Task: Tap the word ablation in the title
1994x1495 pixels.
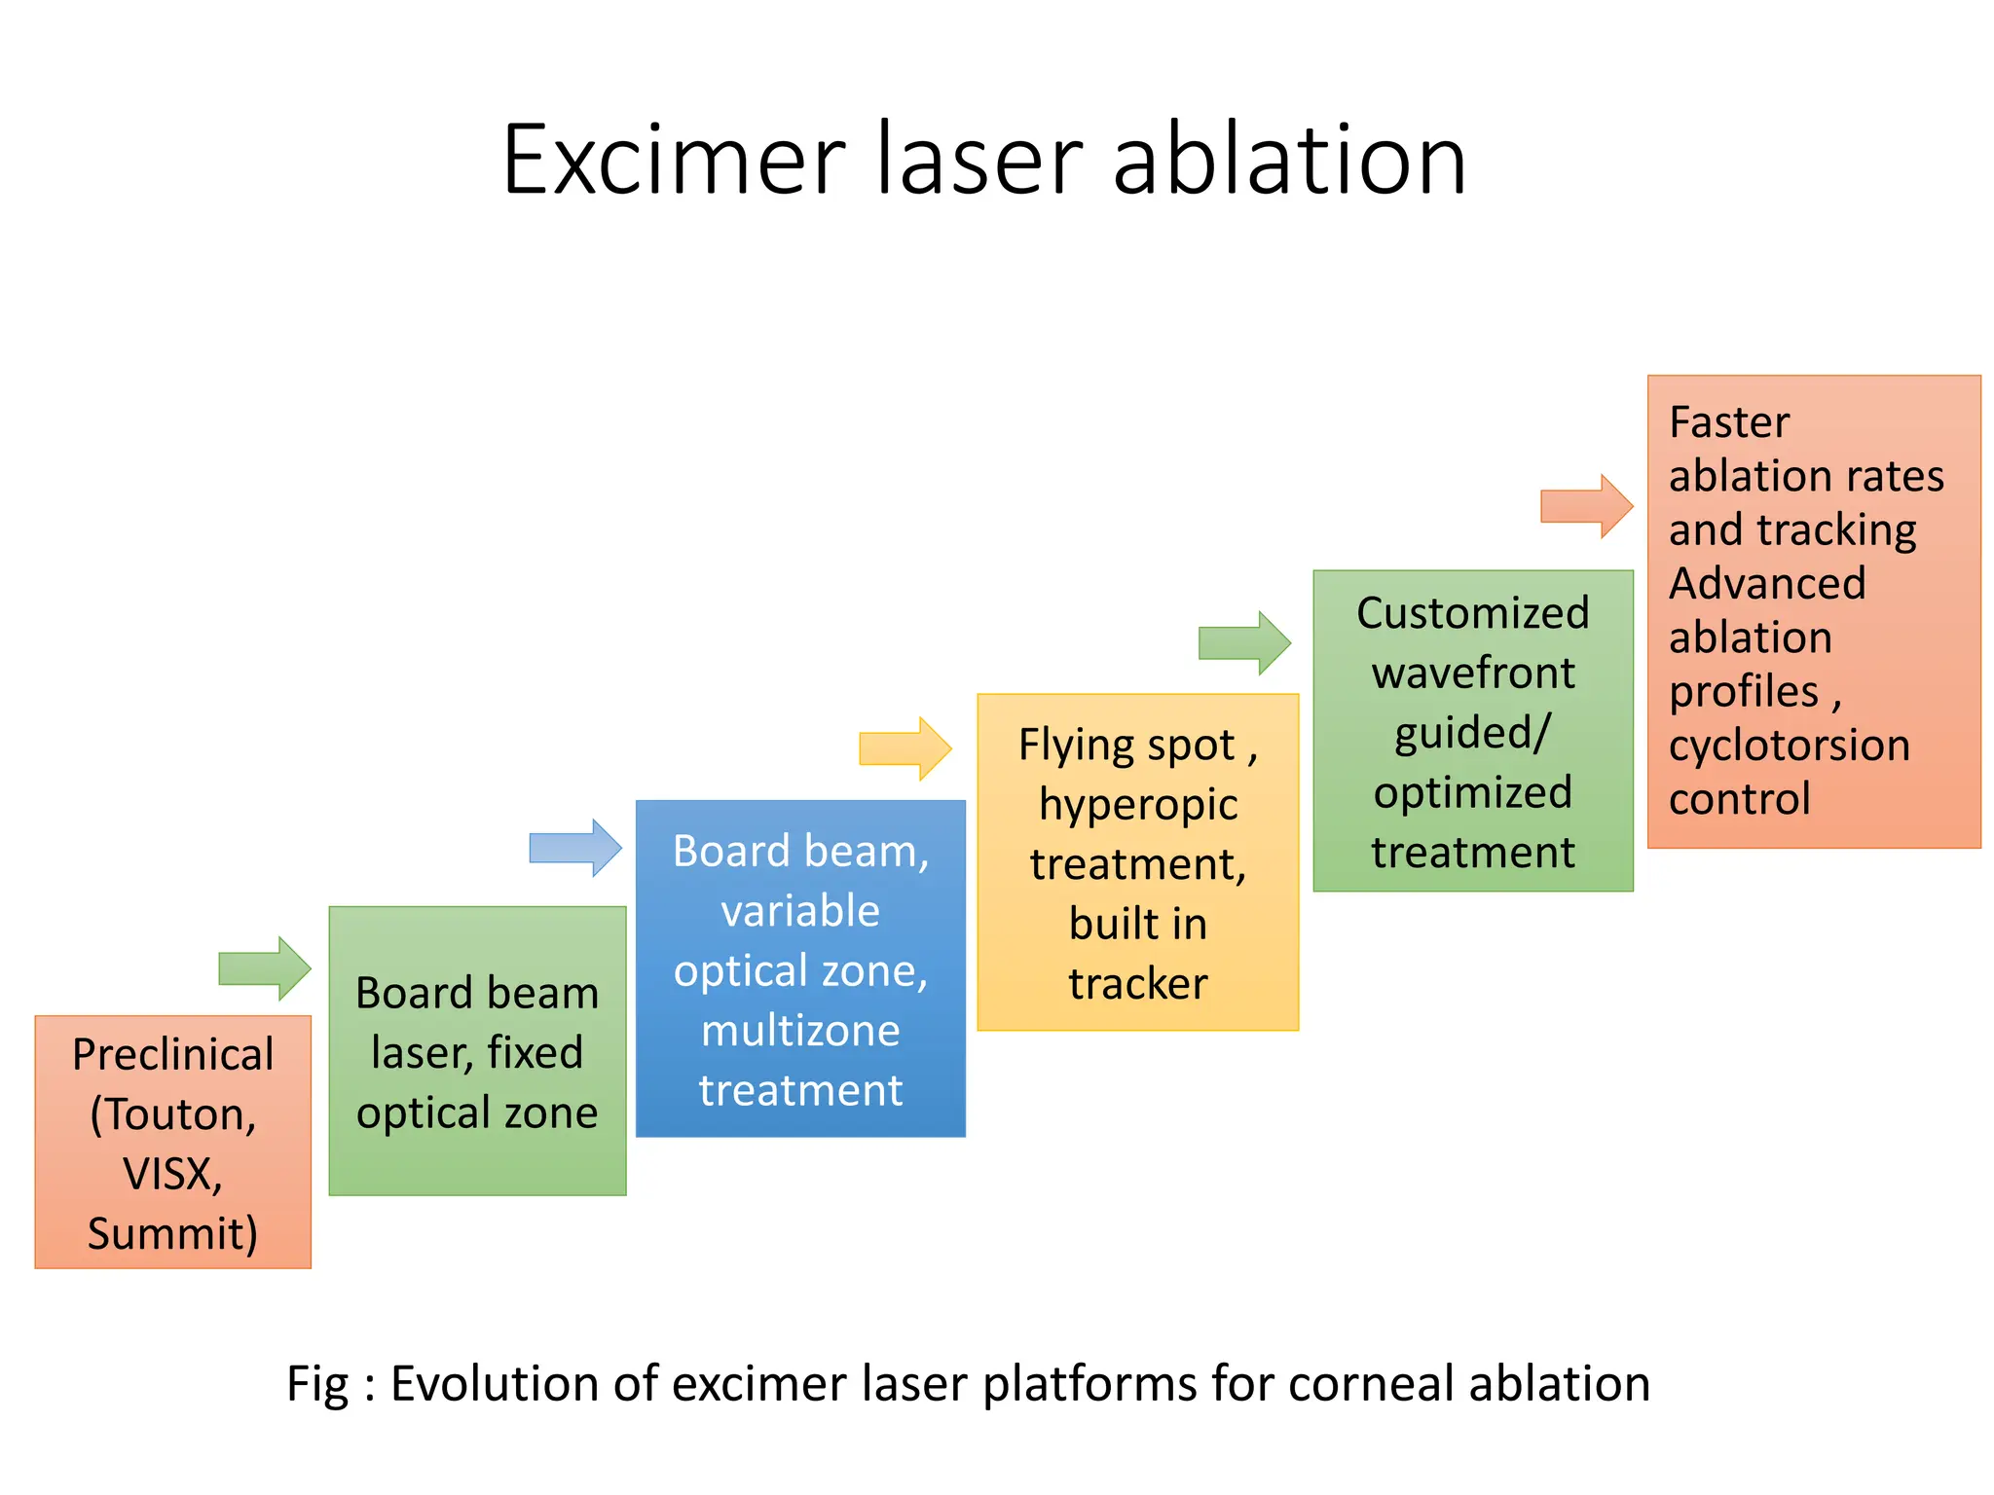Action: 1289,160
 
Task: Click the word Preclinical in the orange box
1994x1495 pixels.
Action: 173,1055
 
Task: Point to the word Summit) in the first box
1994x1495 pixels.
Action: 173,1234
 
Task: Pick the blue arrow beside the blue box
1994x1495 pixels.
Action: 575,848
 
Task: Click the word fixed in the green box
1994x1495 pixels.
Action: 535,1053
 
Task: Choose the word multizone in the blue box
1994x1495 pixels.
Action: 800,1031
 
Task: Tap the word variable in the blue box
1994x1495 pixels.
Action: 800,911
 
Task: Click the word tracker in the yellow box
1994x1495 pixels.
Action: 1138,984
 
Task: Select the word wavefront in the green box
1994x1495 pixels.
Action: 1473,674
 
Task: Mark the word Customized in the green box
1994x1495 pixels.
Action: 1473,613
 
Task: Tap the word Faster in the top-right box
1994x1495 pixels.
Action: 1729,422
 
